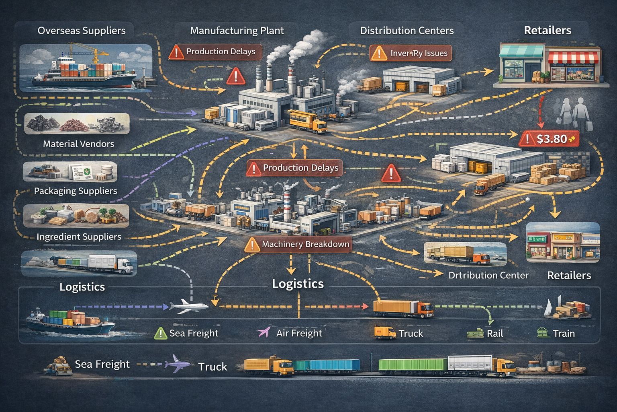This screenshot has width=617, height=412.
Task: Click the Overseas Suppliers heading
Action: (81, 31)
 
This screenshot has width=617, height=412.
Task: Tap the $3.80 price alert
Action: (551, 139)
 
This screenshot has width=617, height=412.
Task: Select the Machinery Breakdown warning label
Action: (298, 244)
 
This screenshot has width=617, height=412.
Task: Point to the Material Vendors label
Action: (78, 144)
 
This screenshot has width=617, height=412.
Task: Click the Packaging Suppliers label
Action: (76, 191)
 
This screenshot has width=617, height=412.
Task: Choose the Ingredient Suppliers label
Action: (79, 237)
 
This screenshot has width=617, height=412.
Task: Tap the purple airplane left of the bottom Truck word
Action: (178, 363)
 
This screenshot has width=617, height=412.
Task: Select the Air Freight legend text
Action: (299, 333)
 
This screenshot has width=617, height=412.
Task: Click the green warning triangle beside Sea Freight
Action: (160, 333)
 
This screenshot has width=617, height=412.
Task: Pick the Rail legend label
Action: (494, 334)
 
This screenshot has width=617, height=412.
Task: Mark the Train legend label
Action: (563, 334)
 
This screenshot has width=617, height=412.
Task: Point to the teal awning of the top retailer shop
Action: (521, 51)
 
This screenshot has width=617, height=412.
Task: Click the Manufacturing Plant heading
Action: (237, 31)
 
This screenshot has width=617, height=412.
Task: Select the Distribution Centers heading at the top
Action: (407, 31)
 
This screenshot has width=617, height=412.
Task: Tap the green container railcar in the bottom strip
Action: (413, 365)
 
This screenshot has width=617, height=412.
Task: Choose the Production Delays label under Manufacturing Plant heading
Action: (221, 51)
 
